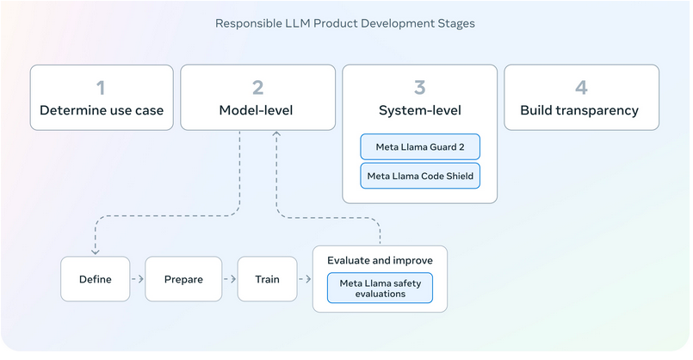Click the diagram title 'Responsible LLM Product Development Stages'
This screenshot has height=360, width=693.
tap(344, 23)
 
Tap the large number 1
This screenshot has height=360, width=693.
tap(101, 88)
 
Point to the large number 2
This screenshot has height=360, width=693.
tap(257, 88)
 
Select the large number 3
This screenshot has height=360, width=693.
tap(419, 88)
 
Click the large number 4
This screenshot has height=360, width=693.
tap(581, 88)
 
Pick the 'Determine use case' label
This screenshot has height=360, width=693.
tap(102, 110)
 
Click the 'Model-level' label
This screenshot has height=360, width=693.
tap(256, 110)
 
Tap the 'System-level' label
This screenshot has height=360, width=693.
tap(420, 110)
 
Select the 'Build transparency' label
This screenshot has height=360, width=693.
tap(579, 110)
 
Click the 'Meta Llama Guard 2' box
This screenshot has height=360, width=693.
tap(420, 146)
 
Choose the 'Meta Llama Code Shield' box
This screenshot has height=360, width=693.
tap(420, 176)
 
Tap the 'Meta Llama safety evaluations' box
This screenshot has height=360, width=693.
tap(381, 288)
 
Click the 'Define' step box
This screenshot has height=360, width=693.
tap(95, 279)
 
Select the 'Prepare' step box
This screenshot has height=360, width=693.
tap(183, 279)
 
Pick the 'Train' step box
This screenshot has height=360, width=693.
tap(268, 279)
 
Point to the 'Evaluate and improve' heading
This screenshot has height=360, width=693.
tap(381, 260)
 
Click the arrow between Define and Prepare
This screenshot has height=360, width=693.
tap(138, 279)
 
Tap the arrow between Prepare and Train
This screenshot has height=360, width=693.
tap(230, 279)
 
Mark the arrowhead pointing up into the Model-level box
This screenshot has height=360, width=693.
tap(276, 133)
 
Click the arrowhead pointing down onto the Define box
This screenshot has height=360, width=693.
tap(96, 252)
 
